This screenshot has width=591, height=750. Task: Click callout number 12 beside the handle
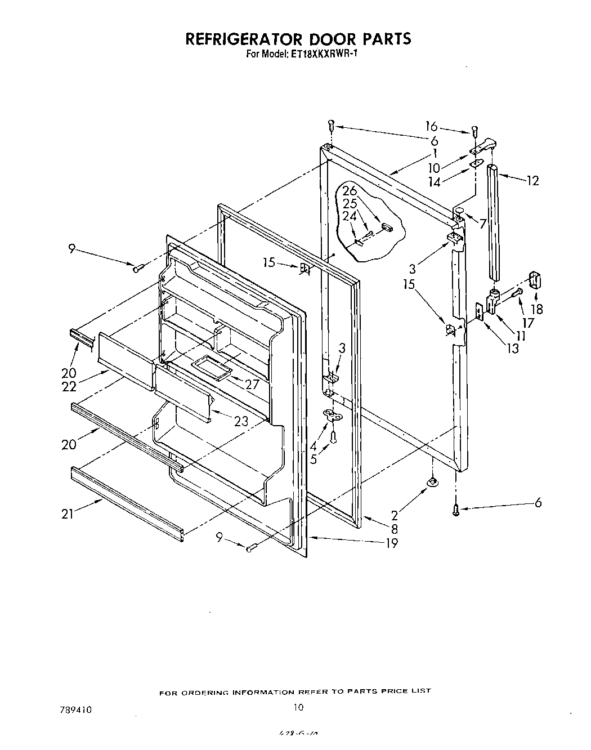click(532, 180)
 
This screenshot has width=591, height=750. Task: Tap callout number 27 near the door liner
click(252, 385)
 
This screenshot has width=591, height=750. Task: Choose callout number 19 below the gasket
click(392, 543)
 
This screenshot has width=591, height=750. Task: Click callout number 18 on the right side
click(536, 309)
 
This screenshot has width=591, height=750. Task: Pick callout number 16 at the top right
click(431, 127)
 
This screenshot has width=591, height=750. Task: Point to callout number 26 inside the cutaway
click(350, 191)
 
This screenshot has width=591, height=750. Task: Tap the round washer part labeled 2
click(432, 481)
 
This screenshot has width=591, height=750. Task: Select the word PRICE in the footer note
click(393, 691)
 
